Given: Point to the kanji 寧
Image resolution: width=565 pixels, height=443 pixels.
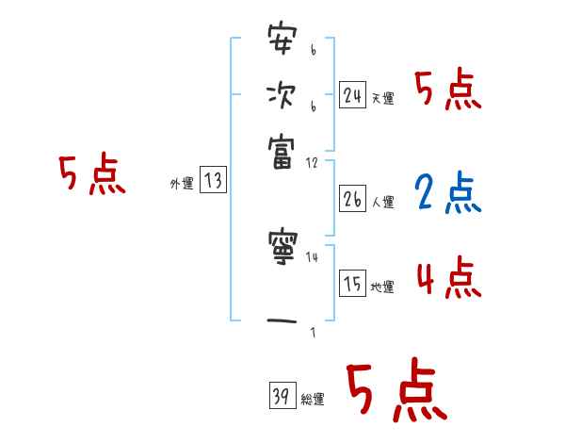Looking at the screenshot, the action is [x=281, y=250].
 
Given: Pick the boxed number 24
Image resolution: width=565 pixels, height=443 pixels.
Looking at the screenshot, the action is [x=352, y=94].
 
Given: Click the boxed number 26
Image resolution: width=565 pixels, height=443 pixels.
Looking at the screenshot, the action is [x=352, y=199].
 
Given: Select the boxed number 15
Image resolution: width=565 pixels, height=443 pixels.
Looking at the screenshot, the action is [x=352, y=284].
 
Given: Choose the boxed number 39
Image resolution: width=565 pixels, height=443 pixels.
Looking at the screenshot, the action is [x=280, y=395].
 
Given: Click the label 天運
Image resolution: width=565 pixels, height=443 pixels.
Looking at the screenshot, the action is [x=382, y=98].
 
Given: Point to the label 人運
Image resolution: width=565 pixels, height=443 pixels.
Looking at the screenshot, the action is [x=382, y=203].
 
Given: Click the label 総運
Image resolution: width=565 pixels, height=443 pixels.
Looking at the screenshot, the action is [x=312, y=399].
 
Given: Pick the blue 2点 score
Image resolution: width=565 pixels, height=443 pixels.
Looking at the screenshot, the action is [x=446, y=195].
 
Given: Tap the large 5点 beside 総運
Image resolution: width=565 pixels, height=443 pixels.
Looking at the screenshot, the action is [x=395, y=391].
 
